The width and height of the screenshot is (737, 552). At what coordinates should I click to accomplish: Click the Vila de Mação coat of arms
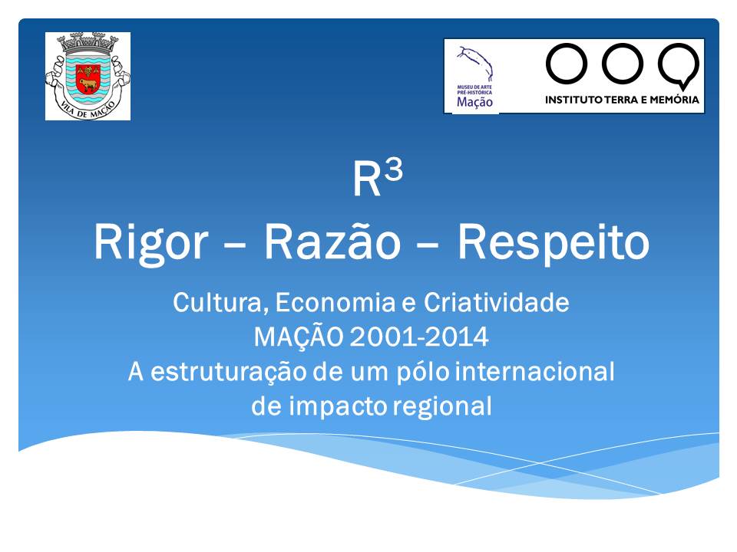point(88,76)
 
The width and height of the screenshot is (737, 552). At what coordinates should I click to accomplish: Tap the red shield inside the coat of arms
point(88,78)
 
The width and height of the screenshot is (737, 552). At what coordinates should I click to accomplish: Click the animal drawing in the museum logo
point(475,64)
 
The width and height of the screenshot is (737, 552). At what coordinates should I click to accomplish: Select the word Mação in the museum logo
point(474,102)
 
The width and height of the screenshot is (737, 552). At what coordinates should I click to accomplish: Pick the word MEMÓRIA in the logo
point(675,99)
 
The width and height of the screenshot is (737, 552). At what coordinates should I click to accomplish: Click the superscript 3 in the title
point(393,170)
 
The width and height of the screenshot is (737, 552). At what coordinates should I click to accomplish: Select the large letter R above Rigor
point(367,179)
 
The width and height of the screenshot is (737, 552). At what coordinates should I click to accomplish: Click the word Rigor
point(151,243)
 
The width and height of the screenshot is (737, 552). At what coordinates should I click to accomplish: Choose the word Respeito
point(554,243)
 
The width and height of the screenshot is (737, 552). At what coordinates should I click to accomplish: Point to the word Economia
point(335,302)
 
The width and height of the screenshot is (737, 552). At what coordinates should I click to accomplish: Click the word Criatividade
point(497,302)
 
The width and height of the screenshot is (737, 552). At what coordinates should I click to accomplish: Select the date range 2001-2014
point(419,337)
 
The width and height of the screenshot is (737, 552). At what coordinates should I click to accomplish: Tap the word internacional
point(535,371)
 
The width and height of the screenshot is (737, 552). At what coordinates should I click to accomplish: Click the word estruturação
point(229,373)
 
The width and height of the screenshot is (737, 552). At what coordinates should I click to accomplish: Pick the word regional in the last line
point(442,407)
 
